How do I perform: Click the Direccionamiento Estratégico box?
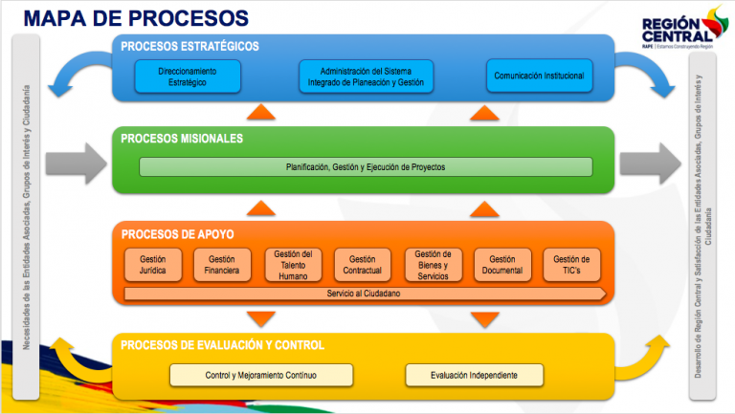(188, 76)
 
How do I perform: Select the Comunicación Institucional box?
(539, 76)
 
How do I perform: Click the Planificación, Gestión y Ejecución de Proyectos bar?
(366, 167)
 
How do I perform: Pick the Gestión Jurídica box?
(153, 265)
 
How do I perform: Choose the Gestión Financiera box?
(222, 265)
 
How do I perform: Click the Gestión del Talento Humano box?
(293, 265)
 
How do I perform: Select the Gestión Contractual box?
(363, 265)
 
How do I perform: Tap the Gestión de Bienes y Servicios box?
(434, 265)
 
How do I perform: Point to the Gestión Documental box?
(502, 265)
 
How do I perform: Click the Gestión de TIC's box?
(571, 265)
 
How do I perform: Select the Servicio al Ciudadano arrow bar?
(365, 294)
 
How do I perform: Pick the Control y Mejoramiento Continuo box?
(261, 375)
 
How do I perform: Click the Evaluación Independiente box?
(475, 375)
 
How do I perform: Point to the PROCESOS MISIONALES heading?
(182, 139)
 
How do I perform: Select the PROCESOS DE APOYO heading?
(177, 234)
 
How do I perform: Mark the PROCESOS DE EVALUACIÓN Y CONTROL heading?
(222, 344)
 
